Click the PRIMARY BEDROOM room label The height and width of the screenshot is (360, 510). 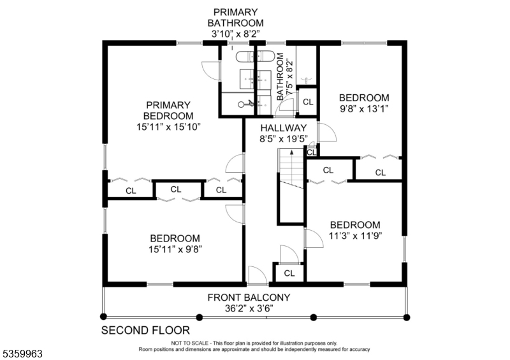(x=168, y=110)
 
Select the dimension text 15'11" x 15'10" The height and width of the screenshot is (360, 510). (x=168, y=126)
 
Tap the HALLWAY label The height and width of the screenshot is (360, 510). (x=283, y=127)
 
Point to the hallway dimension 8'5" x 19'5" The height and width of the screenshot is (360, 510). (x=283, y=138)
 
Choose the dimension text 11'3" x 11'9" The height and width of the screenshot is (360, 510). (x=354, y=236)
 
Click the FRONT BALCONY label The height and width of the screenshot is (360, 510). (x=249, y=297)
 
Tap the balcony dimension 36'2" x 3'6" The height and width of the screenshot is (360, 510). (x=249, y=308)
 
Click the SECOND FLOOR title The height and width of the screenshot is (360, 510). (x=146, y=330)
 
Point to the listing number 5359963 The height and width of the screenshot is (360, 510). (x=22, y=352)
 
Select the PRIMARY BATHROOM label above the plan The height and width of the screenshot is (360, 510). (x=235, y=17)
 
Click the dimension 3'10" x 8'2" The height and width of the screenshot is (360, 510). (x=235, y=32)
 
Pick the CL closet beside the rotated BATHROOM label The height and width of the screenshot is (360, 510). (x=308, y=102)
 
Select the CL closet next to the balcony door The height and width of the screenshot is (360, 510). (x=289, y=273)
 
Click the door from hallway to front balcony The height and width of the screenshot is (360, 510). (x=258, y=276)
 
